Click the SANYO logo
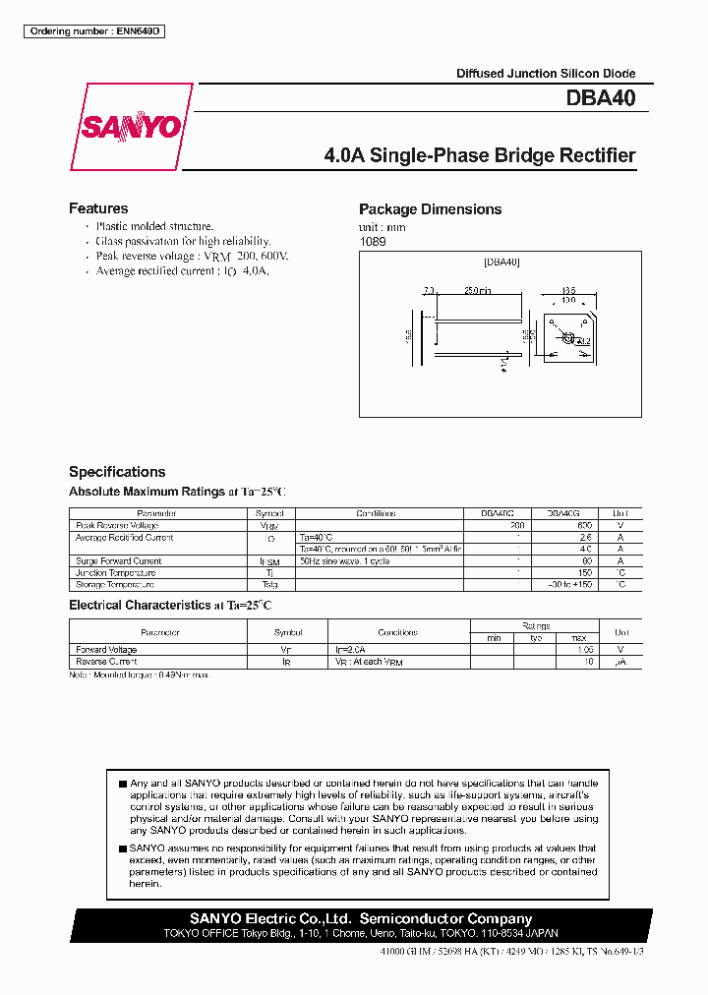tap(131, 127)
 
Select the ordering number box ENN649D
tap(93, 31)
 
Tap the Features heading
tap(98, 208)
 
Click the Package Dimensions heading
tap(430, 209)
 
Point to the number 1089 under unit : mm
tap(372, 241)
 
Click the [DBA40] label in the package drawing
tap(501, 263)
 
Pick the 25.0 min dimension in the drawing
tap(478, 291)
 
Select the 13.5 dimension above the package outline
tap(567, 290)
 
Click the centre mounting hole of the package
tap(566, 337)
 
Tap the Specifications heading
tap(117, 472)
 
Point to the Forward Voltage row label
tap(106, 650)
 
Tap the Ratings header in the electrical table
tap(536, 625)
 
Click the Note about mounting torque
tap(139, 674)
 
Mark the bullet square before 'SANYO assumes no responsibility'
tap(122, 849)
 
